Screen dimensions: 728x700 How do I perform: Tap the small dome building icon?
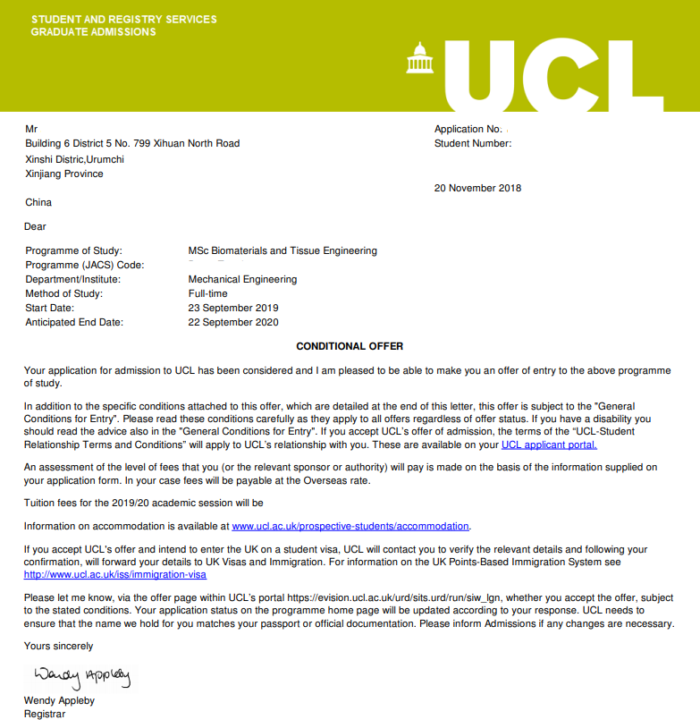pos(419,60)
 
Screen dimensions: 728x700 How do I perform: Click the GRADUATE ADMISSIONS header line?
pos(93,32)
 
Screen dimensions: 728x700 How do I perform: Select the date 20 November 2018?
pos(477,189)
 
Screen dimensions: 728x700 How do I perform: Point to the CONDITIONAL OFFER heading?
pos(350,346)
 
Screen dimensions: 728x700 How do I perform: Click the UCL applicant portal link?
pos(549,444)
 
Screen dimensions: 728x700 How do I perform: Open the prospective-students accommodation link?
pos(350,526)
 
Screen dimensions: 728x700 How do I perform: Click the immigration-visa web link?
pos(115,575)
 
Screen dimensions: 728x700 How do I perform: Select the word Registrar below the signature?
pos(45,714)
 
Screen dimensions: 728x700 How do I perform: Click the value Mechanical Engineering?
pos(242,280)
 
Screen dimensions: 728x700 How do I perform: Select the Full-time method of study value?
pos(207,294)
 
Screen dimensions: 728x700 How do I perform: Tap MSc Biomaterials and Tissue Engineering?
pos(283,251)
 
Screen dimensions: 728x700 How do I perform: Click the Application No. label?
pos(468,130)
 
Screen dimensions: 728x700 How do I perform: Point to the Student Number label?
pos(473,144)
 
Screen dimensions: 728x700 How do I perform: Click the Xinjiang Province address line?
pos(64,174)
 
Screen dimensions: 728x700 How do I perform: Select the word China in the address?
pos(39,203)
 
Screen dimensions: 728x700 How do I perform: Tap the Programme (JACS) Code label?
pos(85,266)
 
